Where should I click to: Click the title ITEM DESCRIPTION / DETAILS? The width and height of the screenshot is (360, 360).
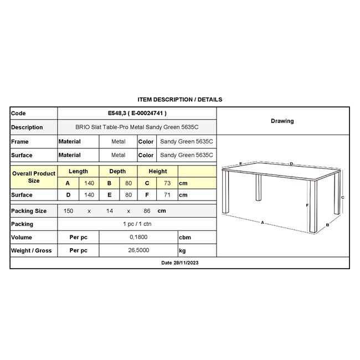tap(179, 100)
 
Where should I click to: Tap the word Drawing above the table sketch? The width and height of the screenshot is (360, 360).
tap(282, 121)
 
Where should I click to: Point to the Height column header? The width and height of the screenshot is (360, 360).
tap(158, 172)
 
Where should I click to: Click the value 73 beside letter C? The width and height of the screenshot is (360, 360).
tap(166, 183)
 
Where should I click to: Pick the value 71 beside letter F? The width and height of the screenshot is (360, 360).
tap(166, 195)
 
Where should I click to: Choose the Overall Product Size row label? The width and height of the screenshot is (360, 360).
tap(34, 177)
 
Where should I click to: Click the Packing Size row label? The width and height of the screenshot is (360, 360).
tap(29, 211)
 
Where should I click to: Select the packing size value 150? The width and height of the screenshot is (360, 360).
tap(69, 211)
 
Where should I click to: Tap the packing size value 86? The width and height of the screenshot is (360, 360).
tap(147, 211)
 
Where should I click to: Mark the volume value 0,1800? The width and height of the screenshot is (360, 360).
tap(137, 238)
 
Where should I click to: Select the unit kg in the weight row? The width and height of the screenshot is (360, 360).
tap(182, 251)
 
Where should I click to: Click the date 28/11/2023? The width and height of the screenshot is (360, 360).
tap(179, 263)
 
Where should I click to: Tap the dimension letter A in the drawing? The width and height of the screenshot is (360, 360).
tap(262, 223)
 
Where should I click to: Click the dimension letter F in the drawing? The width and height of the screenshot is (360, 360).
tap(307, 205)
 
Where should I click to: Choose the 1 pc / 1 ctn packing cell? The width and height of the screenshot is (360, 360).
tap(137, 224)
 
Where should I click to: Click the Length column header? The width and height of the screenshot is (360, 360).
tap(78, 172)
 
